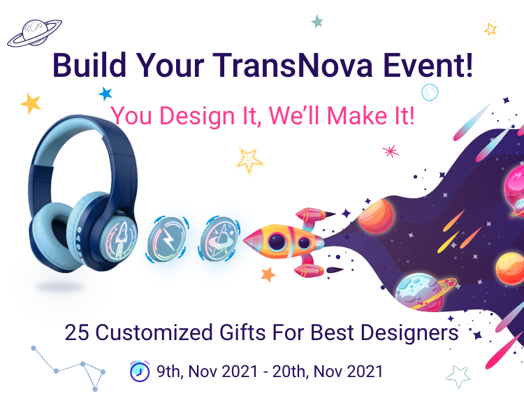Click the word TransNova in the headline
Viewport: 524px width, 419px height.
click(x=293, y=65)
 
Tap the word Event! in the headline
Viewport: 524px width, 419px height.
click(x=428, y=65)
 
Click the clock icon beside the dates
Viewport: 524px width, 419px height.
click(x=140, y=371)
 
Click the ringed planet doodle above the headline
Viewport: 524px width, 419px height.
click(x=34, y=33)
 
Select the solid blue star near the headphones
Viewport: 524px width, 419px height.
click(x=105, y=94)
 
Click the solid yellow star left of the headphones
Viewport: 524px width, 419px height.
click(x=31, y=103)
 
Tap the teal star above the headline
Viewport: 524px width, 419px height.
click(x=317, y=22)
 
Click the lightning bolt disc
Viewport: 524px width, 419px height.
click(x=167, y=240)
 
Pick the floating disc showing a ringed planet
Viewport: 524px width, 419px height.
click(x=219, y=238)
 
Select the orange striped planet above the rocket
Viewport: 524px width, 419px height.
click(x=376, y=216)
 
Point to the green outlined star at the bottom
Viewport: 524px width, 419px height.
click(x=458, y=376)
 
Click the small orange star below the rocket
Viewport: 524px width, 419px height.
click(x=268, y=274)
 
